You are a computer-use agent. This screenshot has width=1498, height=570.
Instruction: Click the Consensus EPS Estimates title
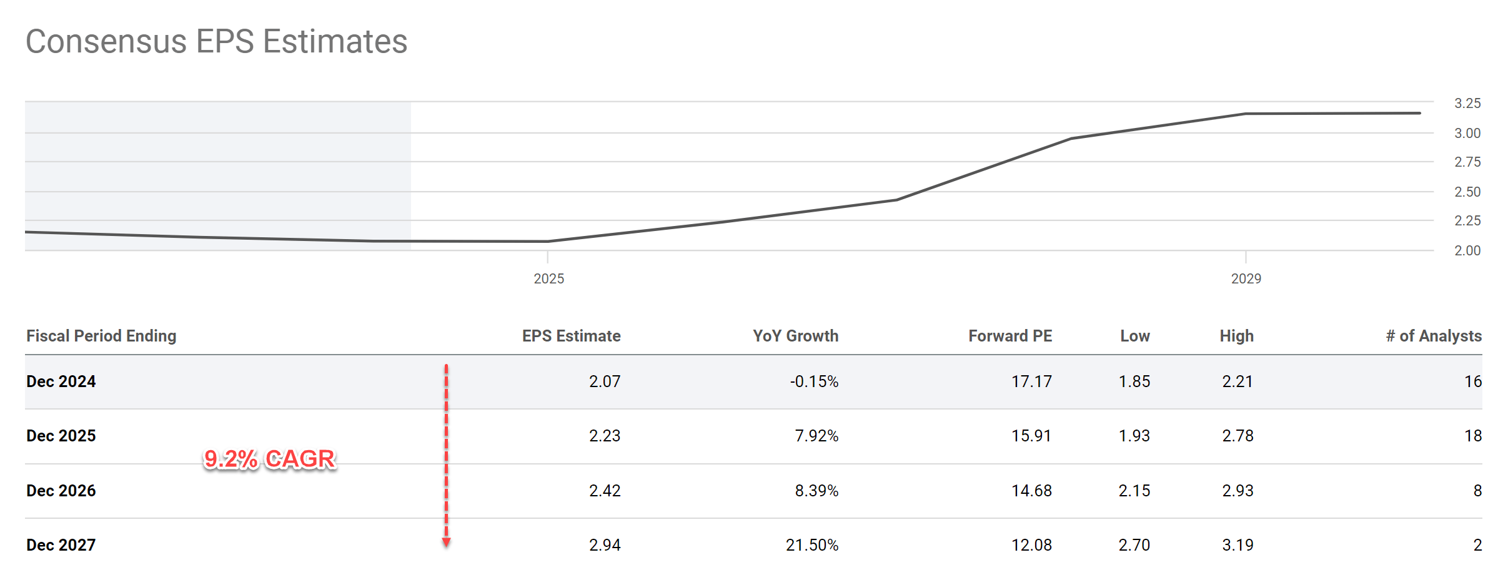216,42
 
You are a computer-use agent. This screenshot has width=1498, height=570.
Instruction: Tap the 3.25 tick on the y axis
1467,103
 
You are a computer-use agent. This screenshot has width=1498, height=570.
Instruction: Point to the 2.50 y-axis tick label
1467,192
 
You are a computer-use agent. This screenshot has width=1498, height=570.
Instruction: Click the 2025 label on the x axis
548,278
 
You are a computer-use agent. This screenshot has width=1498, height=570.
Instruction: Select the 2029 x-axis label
1246,278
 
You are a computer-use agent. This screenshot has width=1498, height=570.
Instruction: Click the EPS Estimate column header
571,336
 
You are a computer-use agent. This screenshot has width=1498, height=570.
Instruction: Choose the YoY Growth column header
795,336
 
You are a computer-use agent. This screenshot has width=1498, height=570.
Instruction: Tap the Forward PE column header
1010,336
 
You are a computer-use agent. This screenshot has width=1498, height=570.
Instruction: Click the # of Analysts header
1433,336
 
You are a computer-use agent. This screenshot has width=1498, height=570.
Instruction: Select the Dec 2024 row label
61,381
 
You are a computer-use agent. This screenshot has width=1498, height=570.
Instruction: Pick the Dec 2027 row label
61,545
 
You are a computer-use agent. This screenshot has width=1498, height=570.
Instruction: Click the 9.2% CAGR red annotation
270,459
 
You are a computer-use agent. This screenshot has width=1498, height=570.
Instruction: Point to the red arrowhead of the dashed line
446,542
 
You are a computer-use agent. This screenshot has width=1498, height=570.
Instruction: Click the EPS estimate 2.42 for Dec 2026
605,491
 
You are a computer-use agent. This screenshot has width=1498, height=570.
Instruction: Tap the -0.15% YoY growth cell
814,381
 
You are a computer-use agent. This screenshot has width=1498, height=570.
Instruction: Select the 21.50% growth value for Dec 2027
811,545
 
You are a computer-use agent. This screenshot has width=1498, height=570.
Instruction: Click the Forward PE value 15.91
1031,436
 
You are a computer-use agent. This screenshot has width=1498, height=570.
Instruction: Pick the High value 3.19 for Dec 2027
1238,545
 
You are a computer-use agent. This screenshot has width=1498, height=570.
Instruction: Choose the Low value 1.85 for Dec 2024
1134,381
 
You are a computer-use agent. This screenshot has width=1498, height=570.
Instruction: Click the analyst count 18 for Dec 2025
1472,436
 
